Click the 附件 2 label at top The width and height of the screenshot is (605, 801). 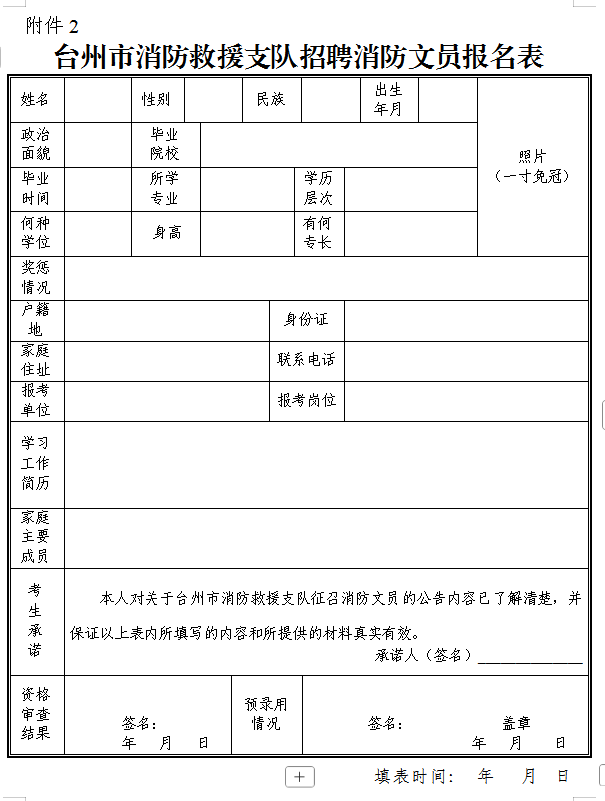52,25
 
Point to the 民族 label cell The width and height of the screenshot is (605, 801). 270,99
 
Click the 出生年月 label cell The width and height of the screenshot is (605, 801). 388,99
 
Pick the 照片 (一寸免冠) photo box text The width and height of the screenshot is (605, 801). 531,166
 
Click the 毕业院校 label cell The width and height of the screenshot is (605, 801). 165,144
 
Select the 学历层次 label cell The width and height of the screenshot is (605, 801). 318,188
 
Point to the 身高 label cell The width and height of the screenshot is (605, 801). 166,232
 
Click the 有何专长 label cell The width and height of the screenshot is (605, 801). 317,233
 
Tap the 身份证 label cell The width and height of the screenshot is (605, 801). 306,319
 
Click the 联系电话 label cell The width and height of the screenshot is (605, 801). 306,359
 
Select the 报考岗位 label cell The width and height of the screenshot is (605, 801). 306,400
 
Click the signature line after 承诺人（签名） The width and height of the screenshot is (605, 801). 530,657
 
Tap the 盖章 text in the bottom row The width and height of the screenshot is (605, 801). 516,723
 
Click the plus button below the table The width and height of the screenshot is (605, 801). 300,776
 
